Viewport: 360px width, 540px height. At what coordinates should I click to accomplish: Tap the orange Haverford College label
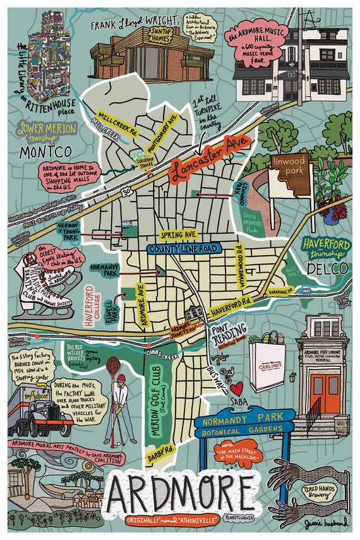[90, 307]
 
